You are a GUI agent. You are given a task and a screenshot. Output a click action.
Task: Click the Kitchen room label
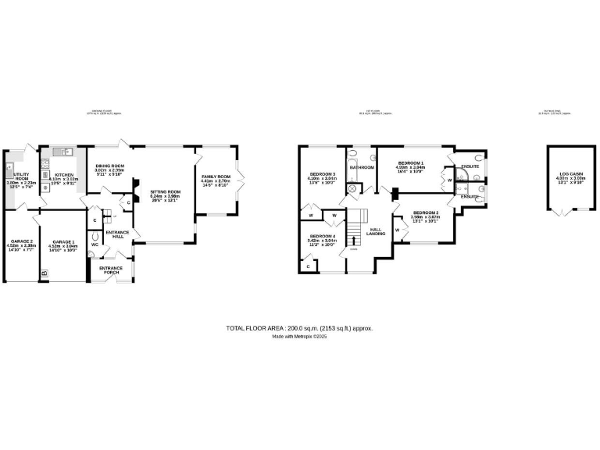click(63, 175)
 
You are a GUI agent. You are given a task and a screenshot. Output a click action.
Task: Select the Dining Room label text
click(109, 166)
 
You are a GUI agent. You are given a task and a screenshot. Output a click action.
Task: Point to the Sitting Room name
click(165, 191)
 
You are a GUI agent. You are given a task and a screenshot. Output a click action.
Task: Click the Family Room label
click(216, 177)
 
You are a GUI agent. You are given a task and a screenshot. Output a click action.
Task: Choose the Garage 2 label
click(20, 241)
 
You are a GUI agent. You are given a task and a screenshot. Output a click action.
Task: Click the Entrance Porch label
click(110, 270)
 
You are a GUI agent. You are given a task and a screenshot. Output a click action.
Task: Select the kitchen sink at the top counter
click(62, 152)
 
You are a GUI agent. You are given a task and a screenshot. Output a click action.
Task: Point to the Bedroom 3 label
click(322, 173)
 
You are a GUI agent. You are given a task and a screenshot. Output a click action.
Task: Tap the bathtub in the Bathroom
click(362, 157)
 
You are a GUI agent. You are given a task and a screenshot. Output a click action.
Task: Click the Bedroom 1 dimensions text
click(409, 169)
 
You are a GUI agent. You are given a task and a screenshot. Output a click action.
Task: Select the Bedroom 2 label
click(426, 212)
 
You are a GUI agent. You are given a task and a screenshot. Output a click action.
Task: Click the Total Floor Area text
click(299, 329)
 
